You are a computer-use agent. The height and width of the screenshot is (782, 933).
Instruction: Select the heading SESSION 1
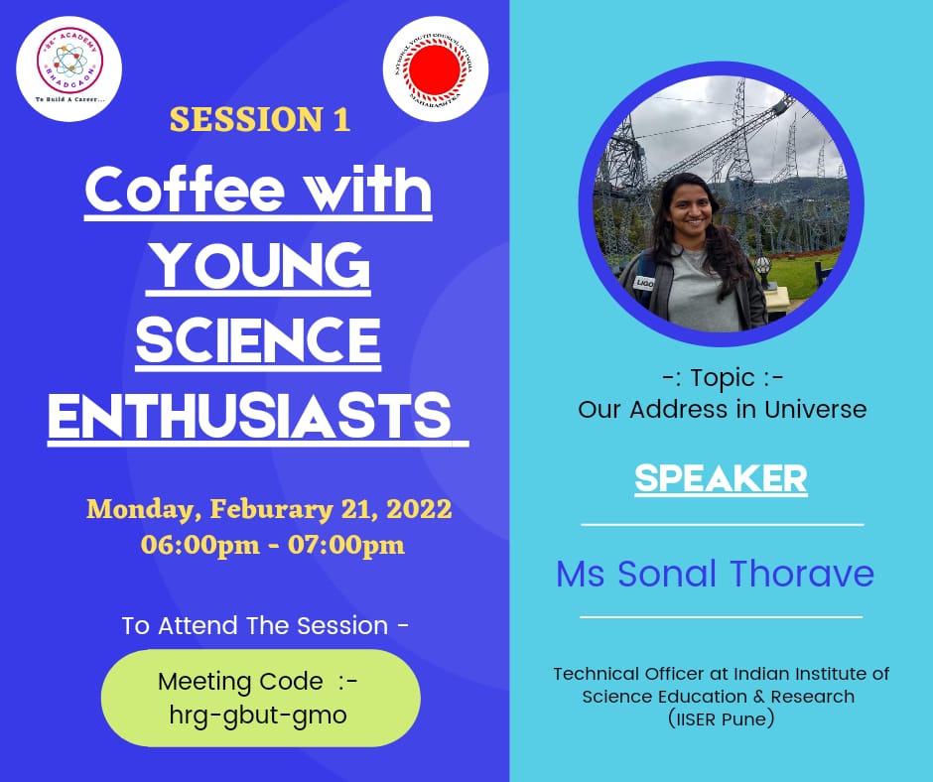click(259, 120)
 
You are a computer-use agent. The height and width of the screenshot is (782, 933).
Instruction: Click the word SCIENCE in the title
click(258, 341)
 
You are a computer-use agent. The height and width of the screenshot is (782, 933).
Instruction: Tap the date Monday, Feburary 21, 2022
click(269, 509)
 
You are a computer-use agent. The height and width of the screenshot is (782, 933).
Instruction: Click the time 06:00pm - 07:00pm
click(272, 545)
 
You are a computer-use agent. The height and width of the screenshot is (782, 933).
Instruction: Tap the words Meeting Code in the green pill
click(240, 682)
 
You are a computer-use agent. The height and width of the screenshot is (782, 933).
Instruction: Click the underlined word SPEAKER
click(721, 478)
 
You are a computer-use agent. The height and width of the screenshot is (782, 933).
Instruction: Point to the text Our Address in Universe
click(722, 409)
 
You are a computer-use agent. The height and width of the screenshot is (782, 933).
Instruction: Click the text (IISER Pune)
click(721, 718)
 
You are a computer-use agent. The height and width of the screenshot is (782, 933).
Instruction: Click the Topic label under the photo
click(722, 378)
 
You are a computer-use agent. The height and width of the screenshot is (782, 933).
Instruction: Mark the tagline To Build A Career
click(68, 100)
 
